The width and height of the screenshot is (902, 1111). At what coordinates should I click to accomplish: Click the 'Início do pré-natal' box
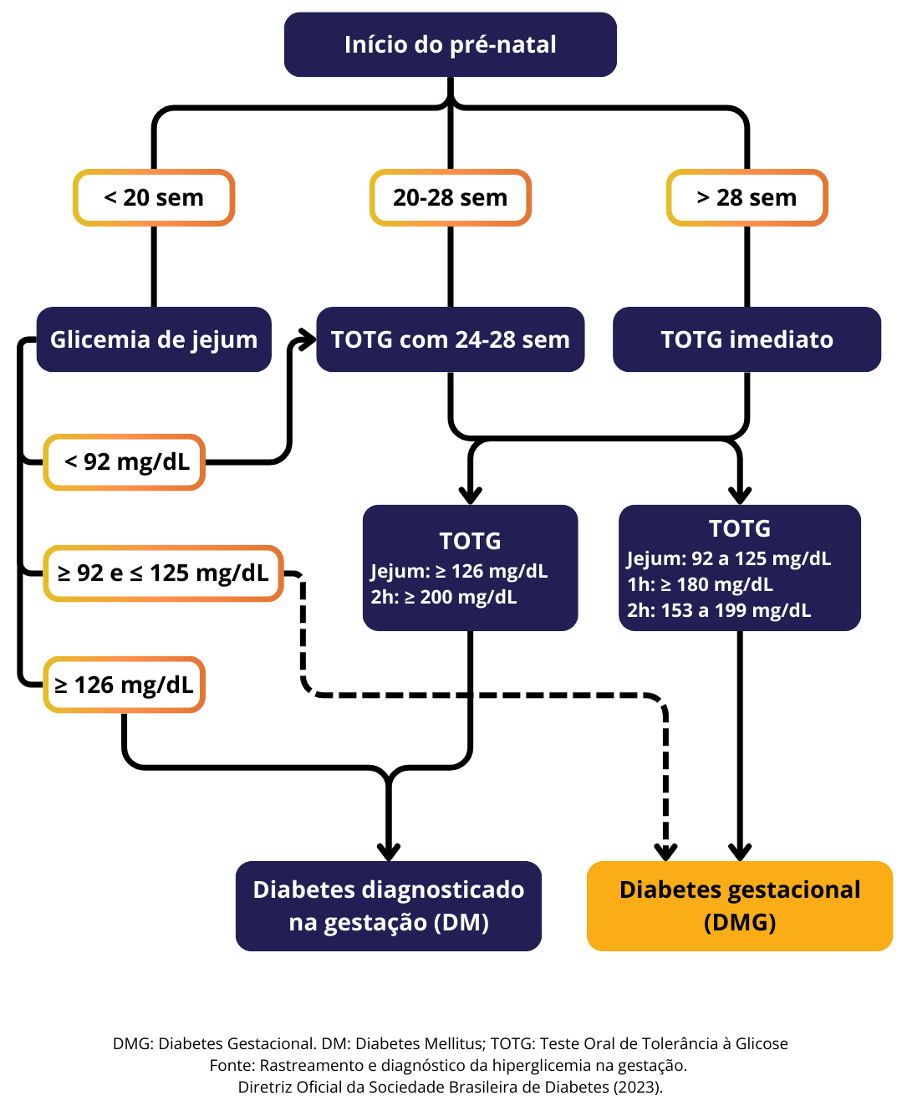pyautogui.click(x=450, y=44)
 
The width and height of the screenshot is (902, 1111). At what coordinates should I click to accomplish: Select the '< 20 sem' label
pyautogui.click(x=154, y=198)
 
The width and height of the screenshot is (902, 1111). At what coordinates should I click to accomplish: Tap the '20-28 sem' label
pyautogui.click(x=450, y=198)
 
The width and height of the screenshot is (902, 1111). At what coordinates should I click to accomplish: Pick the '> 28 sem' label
pyautogui.click(x=747, y=198)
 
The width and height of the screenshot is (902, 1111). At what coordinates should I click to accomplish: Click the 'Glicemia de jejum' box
pyautogui.click(x=154, y=339)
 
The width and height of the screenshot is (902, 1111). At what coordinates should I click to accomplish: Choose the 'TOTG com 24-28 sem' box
pyautogui.click(x=450, y=339)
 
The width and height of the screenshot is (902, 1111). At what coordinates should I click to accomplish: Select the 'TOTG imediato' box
pyautogui.click(x=747, y=339)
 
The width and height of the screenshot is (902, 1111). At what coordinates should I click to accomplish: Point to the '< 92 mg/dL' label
pyautogui.click(x=125, y=461)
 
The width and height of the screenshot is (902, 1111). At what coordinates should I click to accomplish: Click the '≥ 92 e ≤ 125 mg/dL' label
pyautogui.click(x=163, y=573)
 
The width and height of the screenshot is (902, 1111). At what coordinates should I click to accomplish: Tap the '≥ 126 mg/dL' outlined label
pyautogui.click(x=125, y=685)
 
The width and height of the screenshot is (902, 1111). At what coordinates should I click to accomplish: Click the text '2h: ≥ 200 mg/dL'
pyautogui.click(x=444, y=598)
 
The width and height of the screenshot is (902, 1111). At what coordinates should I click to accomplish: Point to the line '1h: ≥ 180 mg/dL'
pyautogui.click(x=700, y=584)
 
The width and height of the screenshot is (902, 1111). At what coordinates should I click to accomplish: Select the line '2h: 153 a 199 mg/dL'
pyautogui.click(x=719, y=610)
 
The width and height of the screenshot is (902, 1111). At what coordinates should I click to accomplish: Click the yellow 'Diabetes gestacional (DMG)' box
pyautogui.click(x=740, y=906)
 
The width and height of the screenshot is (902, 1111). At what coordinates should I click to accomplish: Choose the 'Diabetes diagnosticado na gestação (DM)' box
pyautogui.click(x=389, y=906)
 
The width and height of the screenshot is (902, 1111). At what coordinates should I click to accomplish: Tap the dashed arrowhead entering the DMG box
pyautogui.click(x=665, y=852)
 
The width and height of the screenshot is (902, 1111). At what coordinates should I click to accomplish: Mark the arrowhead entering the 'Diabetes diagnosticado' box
pyautogui.click(x=389, y=852)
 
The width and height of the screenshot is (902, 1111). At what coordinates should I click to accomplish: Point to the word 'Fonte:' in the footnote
pyautogui.click(x=232, y=1065)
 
